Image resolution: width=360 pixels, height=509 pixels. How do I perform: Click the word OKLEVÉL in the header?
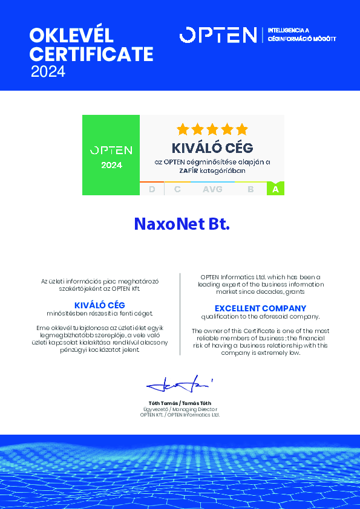coord(71,34)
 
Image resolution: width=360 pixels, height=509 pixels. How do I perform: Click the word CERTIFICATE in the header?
coord(91,54)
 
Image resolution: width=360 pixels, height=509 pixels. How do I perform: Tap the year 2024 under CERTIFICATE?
coord(48,72)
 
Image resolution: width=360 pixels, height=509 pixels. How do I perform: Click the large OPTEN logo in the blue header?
coord(218,35)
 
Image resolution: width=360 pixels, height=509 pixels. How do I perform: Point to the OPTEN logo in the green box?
coord(111,150)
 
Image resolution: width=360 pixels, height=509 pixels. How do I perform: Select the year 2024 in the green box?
coord(111,165)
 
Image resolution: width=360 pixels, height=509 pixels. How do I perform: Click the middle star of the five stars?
coord(212,129)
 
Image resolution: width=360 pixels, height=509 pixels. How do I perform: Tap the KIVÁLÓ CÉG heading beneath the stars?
coord(212,148)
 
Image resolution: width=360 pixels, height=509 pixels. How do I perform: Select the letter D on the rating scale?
coord(152,189)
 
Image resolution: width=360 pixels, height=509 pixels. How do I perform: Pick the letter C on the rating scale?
coord(177,189)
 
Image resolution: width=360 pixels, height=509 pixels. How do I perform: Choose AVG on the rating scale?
coord(212,189)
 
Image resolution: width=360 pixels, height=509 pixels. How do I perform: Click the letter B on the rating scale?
coord(250,189)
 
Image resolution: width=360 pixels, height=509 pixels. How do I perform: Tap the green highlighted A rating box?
coord(275,189)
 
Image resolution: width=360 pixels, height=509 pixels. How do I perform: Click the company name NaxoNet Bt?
coord(182,224)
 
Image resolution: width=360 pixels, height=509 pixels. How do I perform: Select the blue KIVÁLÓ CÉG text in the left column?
coord(99,305)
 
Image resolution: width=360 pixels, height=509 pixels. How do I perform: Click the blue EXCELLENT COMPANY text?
coord(260,308)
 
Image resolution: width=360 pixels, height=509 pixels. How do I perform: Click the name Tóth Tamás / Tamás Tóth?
coord(180,403)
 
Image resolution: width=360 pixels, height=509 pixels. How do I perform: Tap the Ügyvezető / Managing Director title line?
coord(180,409)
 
